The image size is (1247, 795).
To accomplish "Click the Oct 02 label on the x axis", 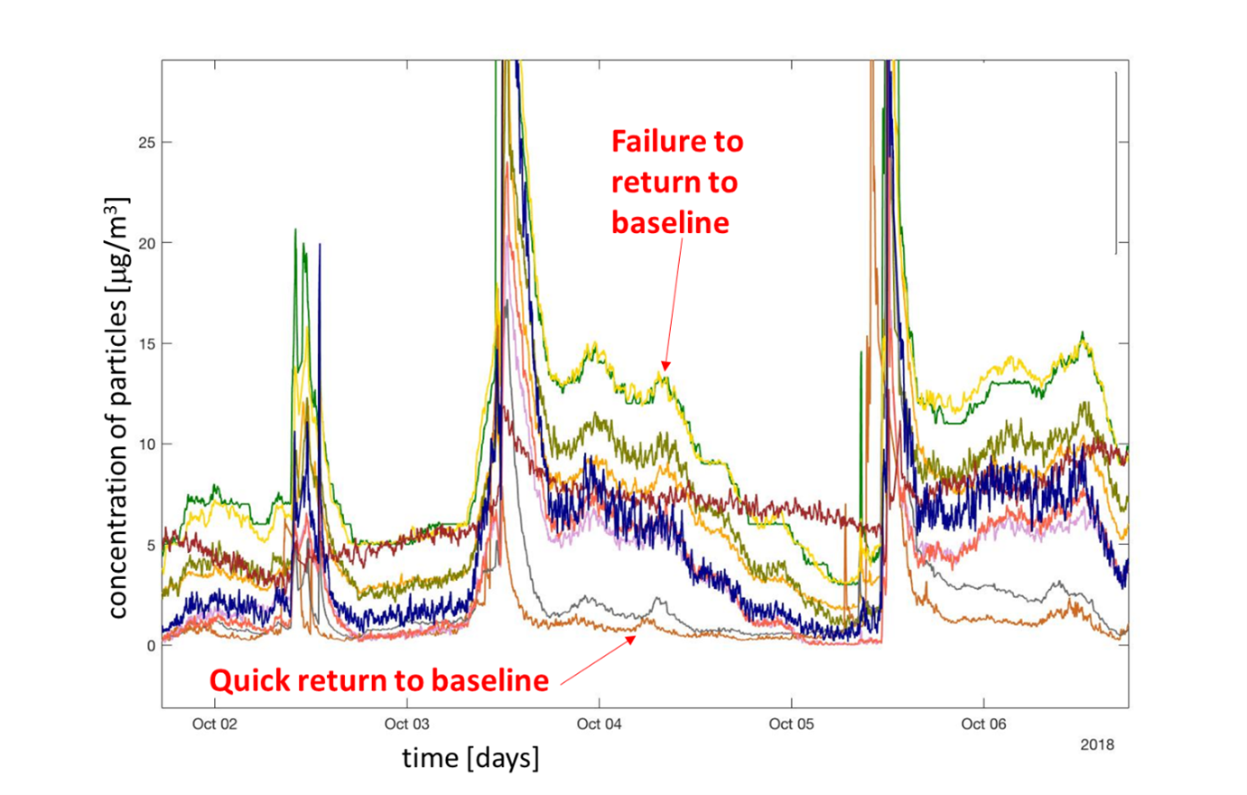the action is coord(214,724).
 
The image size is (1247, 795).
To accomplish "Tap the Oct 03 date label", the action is coord(407,724).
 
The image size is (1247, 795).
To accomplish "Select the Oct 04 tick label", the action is coord(599,724).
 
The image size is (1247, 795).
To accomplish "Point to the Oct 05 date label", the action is coord(791,724).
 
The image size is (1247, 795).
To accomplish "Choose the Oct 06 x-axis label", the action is coord(983,724).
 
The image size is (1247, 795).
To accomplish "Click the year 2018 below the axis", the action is coord(1097,744).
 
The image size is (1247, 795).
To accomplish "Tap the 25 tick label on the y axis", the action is coord(147,143).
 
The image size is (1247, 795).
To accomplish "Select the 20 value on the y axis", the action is coord(147,243).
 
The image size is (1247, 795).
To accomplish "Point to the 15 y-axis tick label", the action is coord(147,343).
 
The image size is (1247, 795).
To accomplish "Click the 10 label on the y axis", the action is coord(147,444).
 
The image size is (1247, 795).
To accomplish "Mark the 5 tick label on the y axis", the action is coord(151,546).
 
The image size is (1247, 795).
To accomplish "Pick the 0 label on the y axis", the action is coord(151,646).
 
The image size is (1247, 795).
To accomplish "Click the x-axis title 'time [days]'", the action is coord(471,758).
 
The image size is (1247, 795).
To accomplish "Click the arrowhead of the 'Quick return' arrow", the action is coord(631,640).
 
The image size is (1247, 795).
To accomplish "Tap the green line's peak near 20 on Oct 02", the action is coord(295,229).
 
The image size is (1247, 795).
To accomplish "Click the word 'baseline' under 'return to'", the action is coord(670,223).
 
